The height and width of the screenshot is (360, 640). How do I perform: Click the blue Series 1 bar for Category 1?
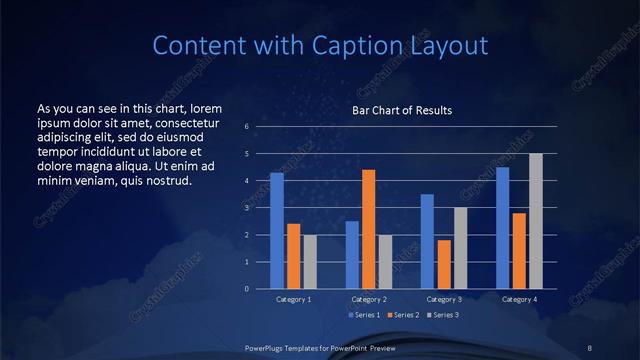(x=277, y=231)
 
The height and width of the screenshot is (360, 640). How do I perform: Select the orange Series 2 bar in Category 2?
(x=369, y=229)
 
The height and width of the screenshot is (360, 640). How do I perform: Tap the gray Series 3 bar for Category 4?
(x=536, y=221)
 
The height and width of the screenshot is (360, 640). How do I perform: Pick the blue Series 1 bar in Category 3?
(x=427, y=241)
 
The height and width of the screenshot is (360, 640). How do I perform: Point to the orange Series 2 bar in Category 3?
(x=444, y=264)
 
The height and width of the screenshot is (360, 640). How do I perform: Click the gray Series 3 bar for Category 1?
(x=310, y=262)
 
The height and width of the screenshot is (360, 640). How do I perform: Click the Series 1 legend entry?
(x=365, y=315)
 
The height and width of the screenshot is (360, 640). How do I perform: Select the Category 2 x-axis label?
(x=369, y=299)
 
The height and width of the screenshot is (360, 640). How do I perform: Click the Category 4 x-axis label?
(x=519, y=299)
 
